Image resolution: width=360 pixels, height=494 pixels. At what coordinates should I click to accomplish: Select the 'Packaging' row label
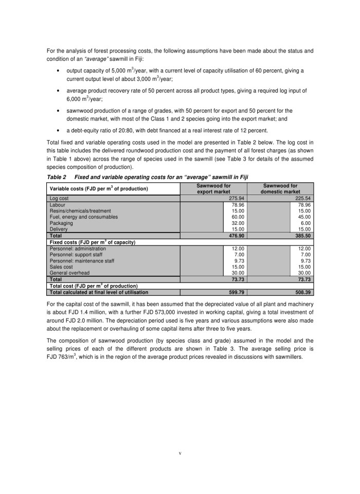pyautogui.click(x=60, y=223)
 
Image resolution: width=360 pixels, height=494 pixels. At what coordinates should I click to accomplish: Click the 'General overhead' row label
pyautogui.click(x=69, y=273)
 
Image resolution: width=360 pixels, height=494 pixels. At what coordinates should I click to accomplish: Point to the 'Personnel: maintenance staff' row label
pyautogui.click(x=82, y=261)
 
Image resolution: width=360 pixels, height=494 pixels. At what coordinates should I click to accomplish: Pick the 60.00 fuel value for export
pyautogui.click(x=237, y=217)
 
